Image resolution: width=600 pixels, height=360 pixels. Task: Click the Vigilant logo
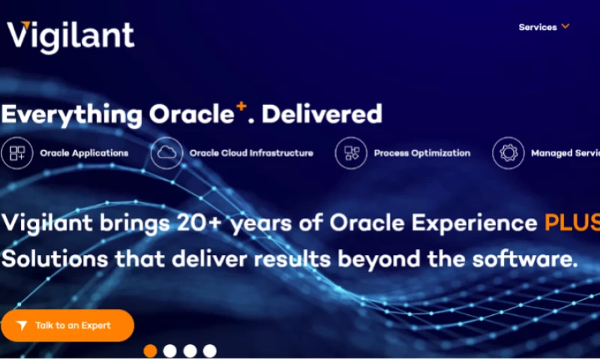[x=70, y=36]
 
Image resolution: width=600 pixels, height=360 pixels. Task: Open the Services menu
[x=538, y=27]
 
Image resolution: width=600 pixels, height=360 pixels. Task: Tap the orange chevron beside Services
[x=565, y=26]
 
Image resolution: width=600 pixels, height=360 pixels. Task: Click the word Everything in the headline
[x=71, y=115]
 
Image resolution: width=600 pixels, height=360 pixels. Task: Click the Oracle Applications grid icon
[x=16, y=153]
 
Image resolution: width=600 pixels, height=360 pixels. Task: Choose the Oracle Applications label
[x=84, y=153]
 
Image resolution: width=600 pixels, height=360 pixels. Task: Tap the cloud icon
[x=166, y=153]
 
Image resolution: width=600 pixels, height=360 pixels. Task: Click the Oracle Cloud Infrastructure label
[x=251, y=153]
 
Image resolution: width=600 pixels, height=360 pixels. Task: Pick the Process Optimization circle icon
[x=351, y=153]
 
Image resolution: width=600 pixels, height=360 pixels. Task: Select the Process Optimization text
[x=422, y=153]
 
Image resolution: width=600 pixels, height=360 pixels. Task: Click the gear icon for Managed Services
[x=508, y=153]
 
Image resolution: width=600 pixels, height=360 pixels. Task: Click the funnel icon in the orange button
[x=22, y=325]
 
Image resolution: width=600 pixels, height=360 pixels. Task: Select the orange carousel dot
[x=150, y=350]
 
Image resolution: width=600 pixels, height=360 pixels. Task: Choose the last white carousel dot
[x=210, y=350]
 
